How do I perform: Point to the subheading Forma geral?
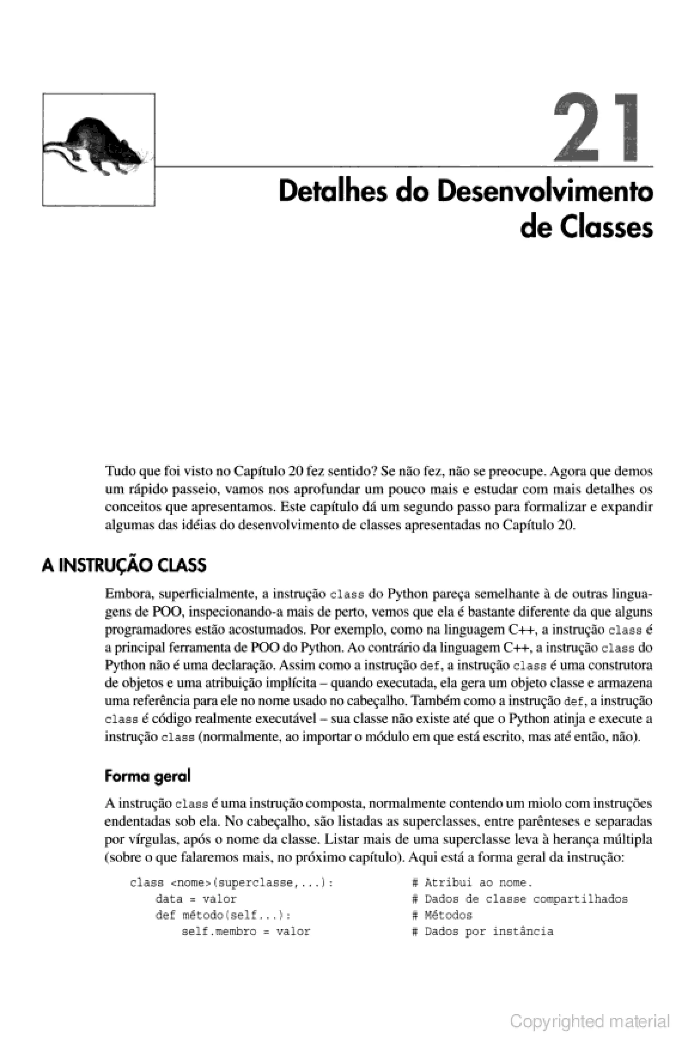(147, 776)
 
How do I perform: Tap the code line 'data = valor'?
(196, 899)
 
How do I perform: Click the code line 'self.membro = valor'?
(246, 931)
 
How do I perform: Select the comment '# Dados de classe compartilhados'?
(520, 899)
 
